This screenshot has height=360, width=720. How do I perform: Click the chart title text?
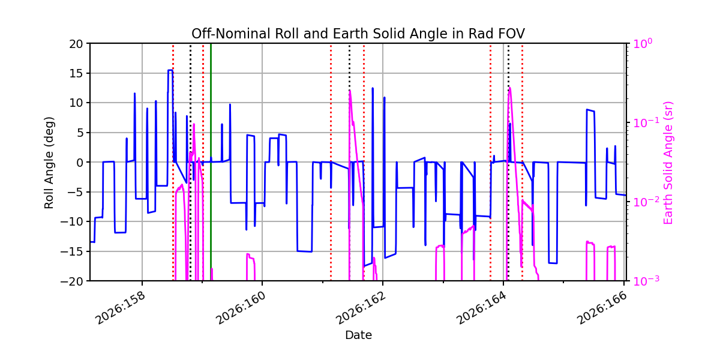(x=358, y=34)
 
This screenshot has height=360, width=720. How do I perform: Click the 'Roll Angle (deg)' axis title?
(x=49, y=163)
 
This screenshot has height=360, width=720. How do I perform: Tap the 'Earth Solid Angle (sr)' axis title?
(x=668, y=163)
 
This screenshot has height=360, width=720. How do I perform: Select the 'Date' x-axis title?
(x=358, y=335)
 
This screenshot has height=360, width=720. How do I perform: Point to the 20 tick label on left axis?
(x=76, y=44)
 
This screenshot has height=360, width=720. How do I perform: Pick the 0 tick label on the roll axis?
(x=79, y=163)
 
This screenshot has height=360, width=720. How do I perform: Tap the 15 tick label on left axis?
(x=76, y=74)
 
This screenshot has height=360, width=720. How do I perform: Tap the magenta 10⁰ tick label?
(x=643, y=43)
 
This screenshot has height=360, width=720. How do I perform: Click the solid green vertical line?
(x=211, y=162)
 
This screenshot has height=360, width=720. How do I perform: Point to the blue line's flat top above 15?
(x=170, y=70)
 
